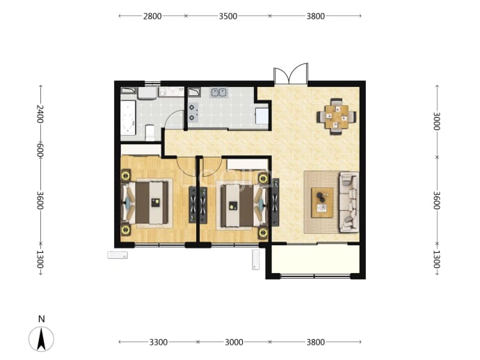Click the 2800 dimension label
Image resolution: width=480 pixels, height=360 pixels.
[x=152, y=16]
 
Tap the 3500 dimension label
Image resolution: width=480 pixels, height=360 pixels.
[x=227, y=16]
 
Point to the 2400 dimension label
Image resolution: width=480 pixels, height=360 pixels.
[x=40, y=114]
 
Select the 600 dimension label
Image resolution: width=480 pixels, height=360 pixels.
[x=40, y=150]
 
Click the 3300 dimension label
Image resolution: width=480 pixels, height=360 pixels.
[x=159, y=342]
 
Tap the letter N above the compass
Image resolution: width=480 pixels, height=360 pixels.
[x=41, y=319]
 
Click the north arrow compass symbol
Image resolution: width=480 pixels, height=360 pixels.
[x=41, y=339]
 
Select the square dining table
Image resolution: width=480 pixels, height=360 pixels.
[x=337, y=116]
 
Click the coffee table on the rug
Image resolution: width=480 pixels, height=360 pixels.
[x=322, y=203]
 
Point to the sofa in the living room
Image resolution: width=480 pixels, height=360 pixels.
[x=349, y=202]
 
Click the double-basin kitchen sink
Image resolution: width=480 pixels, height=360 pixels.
[x=218, y=92]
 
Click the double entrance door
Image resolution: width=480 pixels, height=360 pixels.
[x=291, y=74]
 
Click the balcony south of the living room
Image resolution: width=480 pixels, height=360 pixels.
[x=315, y=259]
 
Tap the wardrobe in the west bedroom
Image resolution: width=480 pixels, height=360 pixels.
[x=141, y=150]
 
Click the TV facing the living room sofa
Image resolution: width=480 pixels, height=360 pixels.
[x=275, y=202]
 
